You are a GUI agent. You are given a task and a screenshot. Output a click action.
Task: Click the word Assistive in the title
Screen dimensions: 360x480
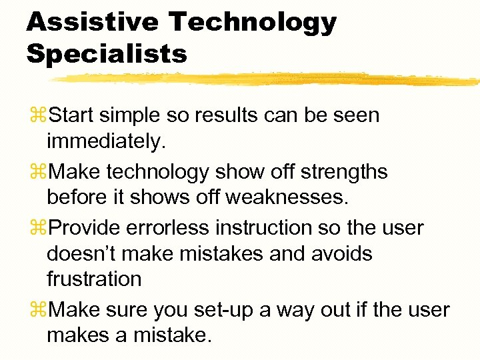(92, 22)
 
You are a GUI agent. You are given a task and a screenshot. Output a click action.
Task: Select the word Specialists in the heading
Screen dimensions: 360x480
(107, 54)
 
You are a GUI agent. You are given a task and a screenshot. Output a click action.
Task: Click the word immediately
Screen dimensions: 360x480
(105, 141)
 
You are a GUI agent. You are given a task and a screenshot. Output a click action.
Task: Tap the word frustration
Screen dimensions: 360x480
(94, 279)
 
